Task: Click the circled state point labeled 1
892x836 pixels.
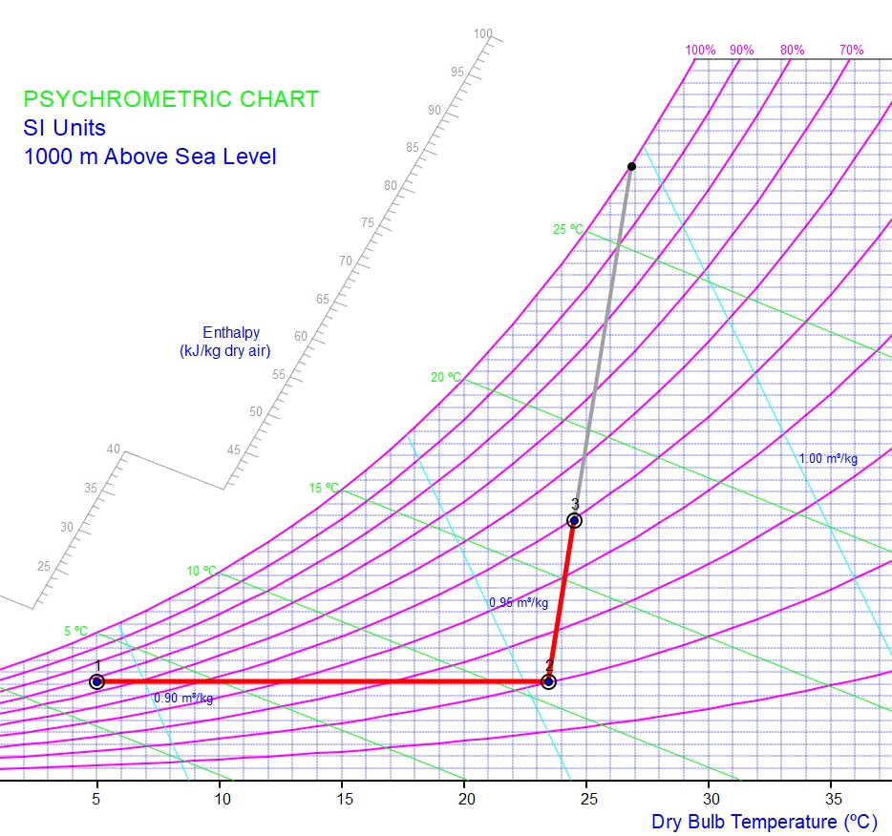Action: point(96,681)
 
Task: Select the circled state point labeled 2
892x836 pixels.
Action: point(548,681)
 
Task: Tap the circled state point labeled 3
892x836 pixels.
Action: point(574,520)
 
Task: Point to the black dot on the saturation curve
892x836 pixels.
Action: point(631,167)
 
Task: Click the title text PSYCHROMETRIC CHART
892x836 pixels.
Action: point(171,99)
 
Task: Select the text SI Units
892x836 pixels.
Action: point(65,127)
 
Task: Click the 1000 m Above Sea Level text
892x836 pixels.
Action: point(150,156)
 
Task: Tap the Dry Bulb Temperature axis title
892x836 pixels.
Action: point(771,821)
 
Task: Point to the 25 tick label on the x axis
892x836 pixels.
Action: point(587,799)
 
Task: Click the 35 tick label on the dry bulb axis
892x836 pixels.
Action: point(832,799)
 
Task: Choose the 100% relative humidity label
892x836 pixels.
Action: point(700,50)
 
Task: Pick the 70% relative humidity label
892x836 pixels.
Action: point(851,50)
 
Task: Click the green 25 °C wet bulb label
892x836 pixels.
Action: point(567,229)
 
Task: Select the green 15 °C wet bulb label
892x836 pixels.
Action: point(324,488)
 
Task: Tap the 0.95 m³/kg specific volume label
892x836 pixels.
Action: point(519,602)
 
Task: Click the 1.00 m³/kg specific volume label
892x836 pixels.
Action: point(828,458)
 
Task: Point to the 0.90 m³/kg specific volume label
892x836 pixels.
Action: point(183,698)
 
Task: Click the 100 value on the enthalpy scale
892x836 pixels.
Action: point(483,34)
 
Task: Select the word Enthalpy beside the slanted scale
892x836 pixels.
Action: point(231,332)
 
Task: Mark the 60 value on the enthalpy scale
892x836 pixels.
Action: point(301,336)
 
